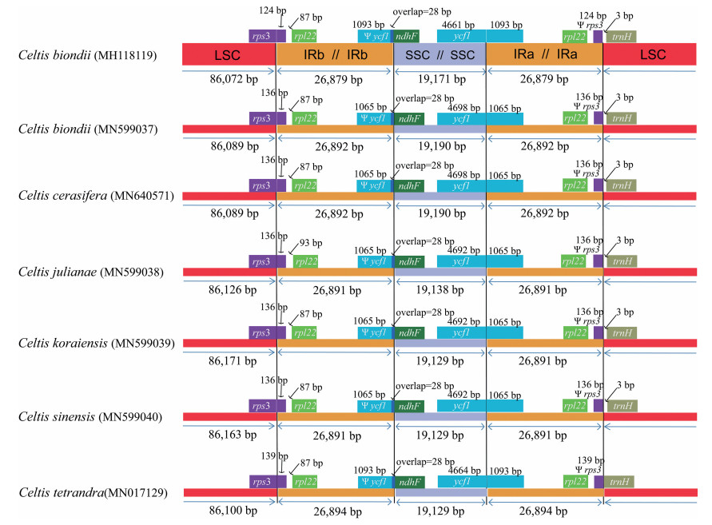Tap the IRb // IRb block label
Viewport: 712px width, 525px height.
(335, 54)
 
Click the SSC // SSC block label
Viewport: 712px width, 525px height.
(440, 54)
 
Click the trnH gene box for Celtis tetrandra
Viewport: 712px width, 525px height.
(620, 481)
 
